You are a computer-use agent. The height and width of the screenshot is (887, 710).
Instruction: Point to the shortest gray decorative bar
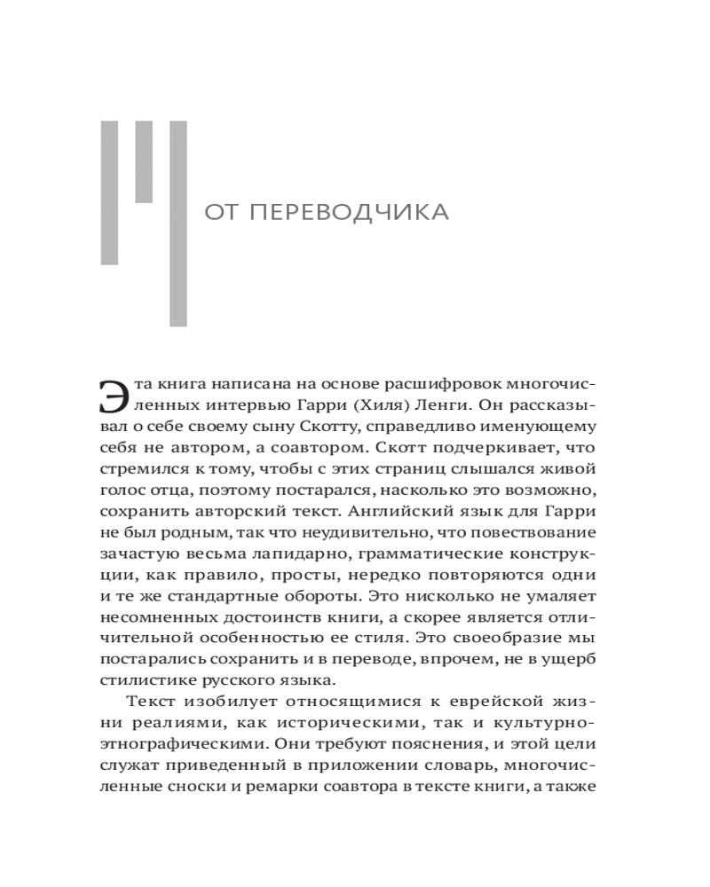coord(144,161)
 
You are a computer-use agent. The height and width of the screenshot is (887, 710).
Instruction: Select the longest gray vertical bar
coord(178,223)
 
